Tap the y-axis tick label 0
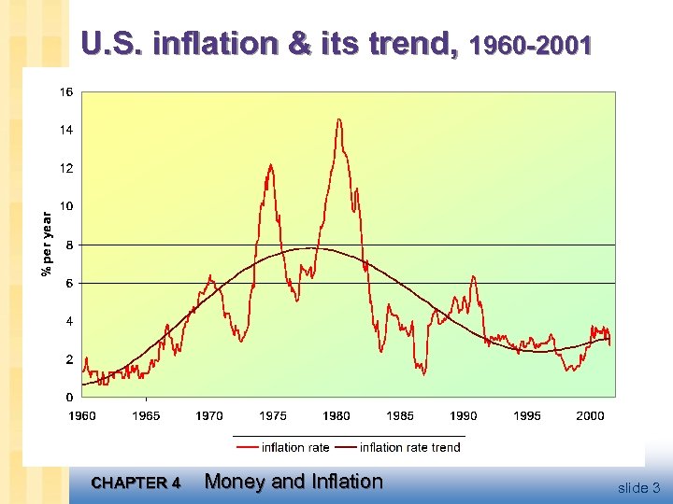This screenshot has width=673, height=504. pos(70,398)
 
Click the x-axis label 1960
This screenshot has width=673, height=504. pos(82,415)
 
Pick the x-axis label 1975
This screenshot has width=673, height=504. pos(273,415)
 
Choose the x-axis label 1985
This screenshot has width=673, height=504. pos(400,415)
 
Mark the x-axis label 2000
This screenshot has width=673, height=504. pos(590,415)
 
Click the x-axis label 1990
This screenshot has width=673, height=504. pos(464,415)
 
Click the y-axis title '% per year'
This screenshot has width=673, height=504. pos(46,244)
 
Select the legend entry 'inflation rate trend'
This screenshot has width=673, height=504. pos(409,447)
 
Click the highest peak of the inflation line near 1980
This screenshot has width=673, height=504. pos(338,119)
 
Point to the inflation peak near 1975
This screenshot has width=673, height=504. pos(270,165)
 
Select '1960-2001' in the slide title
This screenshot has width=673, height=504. pos(531,45)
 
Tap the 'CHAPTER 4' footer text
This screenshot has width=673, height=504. pos(136,483)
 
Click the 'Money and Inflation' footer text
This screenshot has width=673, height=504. pos(294,482)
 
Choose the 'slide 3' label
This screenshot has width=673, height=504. pos(638,487)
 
